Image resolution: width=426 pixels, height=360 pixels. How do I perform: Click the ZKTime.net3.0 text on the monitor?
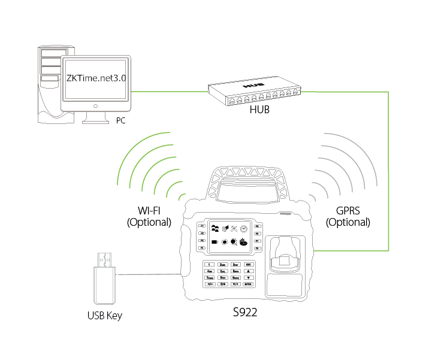coord(96,79)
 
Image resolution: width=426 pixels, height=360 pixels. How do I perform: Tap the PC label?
coord(120,120)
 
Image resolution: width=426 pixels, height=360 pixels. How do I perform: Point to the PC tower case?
coord(50,84)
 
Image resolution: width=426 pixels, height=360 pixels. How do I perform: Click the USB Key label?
coord(104,315)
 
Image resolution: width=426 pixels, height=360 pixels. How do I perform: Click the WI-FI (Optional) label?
coord(149,216)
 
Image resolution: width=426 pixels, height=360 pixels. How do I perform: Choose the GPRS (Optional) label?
coord(348,216)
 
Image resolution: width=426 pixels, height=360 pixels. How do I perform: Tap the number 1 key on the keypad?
coord(210,264)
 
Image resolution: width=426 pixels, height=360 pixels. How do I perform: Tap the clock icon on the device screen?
coord(244,229)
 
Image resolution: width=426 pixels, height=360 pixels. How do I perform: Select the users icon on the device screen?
coord(216,228)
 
